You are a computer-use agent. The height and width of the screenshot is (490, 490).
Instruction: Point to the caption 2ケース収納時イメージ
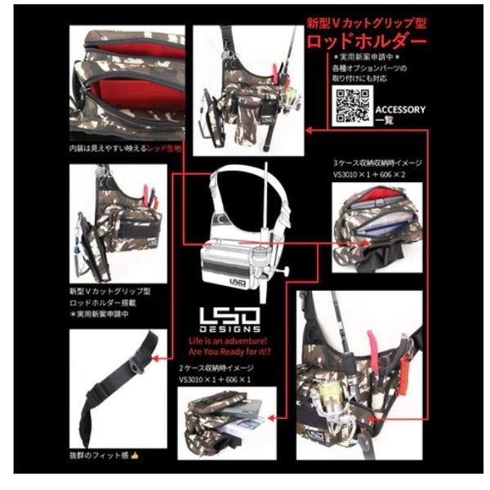pos(220,369)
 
